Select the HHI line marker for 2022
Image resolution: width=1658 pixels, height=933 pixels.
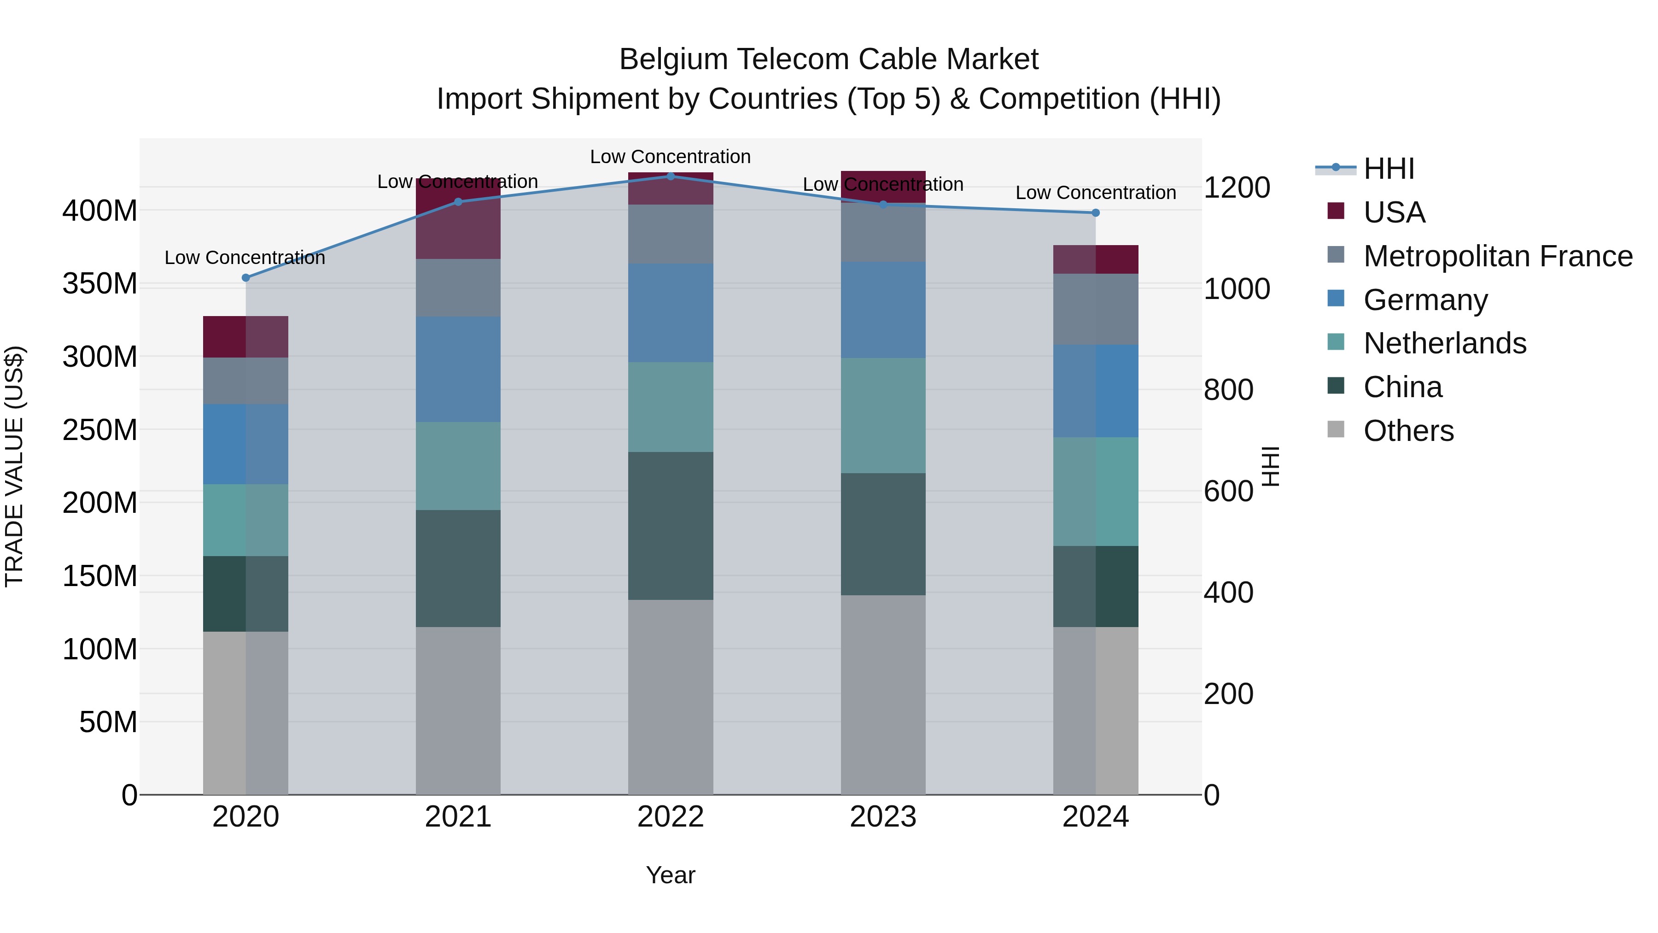click(x=671, y=176)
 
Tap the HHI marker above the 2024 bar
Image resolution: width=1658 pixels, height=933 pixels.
click(x=1096, y=212)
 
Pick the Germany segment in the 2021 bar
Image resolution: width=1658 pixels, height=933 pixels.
click(x=458, y=369)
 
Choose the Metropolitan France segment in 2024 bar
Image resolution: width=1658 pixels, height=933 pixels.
click(x=1096, y=309)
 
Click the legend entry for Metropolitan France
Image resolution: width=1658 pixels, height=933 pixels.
click(x=1498, y=256)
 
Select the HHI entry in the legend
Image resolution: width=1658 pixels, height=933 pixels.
click(x=1388, y=169)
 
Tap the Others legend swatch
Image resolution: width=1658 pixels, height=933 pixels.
click(x=1336, y=429)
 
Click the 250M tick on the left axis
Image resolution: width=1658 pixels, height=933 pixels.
click(x=100, y=429)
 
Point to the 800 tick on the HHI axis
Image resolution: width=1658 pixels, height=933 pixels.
click(x=1228, y=390)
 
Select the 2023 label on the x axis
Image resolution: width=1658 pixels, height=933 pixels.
click(x=883, y=816)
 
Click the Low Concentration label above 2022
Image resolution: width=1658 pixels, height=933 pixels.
click(x=671, y=157)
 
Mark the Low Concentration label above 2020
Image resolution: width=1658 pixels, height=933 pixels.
click(x=245, y=258)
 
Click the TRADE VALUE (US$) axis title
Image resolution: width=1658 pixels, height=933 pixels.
click(x=14, y=466)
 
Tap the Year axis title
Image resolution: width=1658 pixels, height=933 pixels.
click(x=671, y=875)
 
